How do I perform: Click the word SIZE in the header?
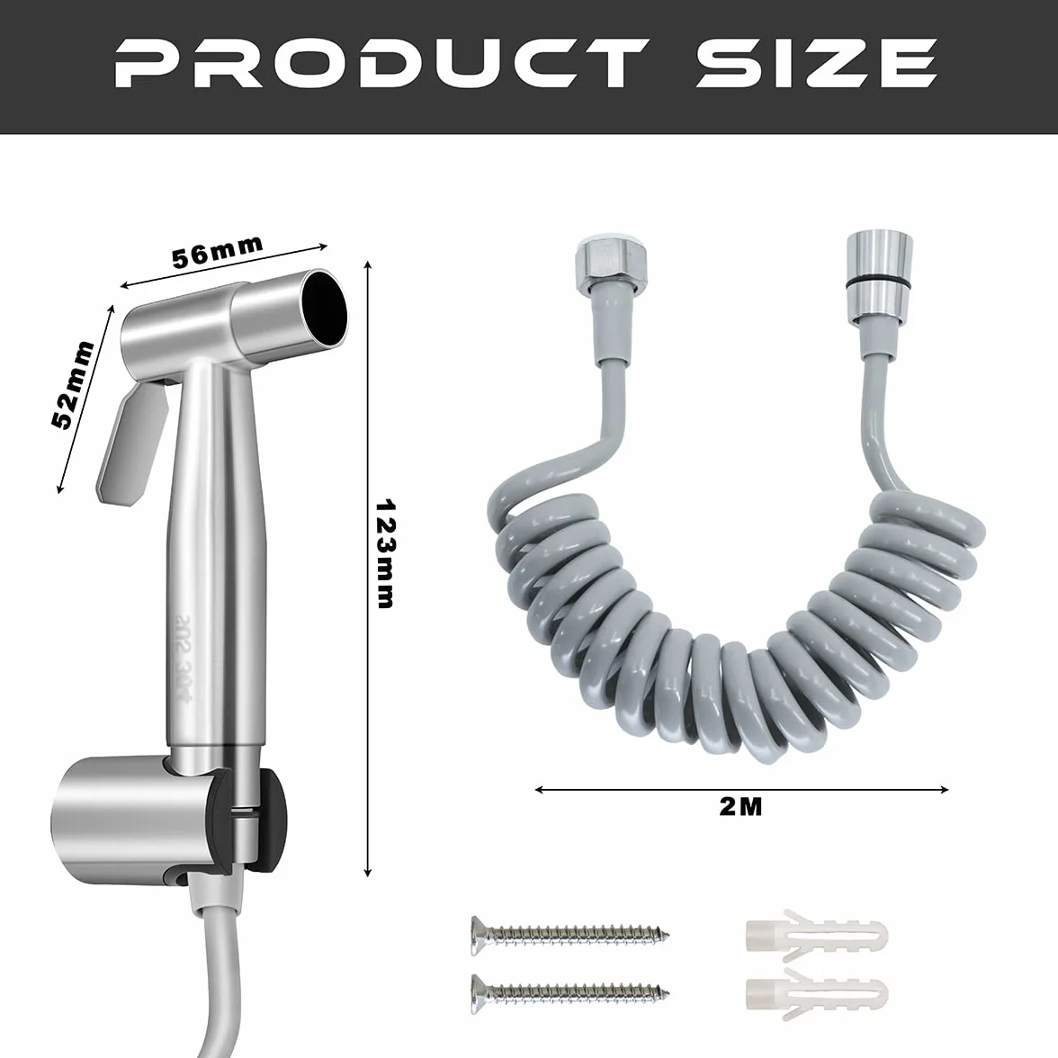coord(817,63)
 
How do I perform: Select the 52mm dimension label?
coord(73,385)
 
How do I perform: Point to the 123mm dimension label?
coord(385,554)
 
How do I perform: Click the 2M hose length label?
coord(740,806)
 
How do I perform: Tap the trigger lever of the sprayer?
coord(131,444)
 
